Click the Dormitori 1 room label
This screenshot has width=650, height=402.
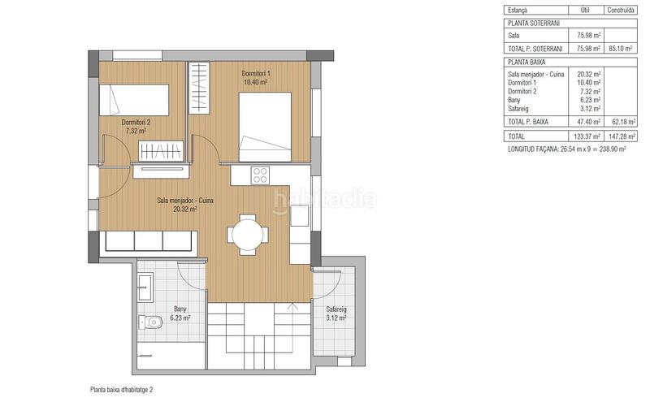click(256, 74)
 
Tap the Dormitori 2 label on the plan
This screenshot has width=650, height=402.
click(136, 123)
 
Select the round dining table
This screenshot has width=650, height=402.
click(248, 235)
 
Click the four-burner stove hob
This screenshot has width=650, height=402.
click(260, 175)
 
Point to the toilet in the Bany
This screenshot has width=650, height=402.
click(150, 322)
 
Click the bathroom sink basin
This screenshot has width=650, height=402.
click(145, 287)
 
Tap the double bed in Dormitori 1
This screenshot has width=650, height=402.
click(265, 127)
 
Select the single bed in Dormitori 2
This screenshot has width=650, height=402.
click(134, 100)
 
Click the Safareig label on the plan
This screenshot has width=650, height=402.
click(336, 309)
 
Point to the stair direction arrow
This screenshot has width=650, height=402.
click(292, 326)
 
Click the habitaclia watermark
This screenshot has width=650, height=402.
click(324, 199)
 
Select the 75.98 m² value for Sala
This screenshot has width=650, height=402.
click(588, 36)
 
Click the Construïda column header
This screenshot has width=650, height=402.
click(621, 11)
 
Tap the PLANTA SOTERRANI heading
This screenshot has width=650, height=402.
click(534, 24)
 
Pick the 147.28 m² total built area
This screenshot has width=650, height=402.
click(620, 136)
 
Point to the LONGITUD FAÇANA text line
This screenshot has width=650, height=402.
click(566, 149)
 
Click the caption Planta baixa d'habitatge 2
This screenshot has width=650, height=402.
click(121, 390)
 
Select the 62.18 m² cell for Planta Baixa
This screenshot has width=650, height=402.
click(623, 122)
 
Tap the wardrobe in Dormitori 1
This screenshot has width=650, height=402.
click(199, 87)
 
